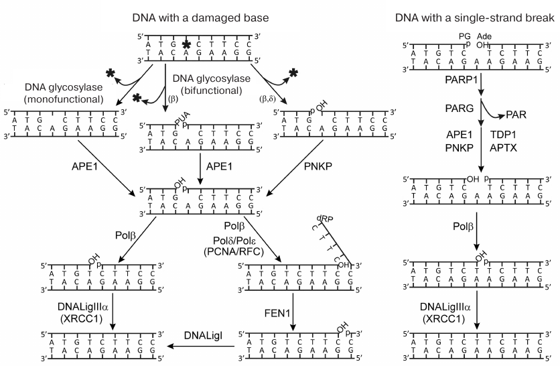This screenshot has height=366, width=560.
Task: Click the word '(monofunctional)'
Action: point(64,100)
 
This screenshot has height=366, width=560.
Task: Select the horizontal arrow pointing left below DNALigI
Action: point(201,347)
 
